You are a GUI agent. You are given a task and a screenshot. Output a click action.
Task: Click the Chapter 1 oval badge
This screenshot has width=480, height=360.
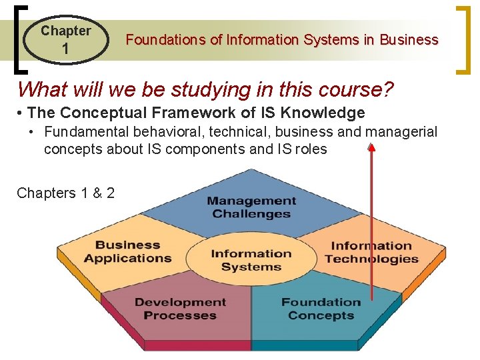(x=65, y=39)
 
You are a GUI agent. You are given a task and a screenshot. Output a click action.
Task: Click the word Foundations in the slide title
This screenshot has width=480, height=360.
(x=166, y=40)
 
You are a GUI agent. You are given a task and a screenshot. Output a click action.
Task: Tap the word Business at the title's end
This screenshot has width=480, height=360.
(x=409, y=40)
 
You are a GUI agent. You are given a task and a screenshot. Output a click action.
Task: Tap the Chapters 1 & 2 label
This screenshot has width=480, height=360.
(x=65, y=193)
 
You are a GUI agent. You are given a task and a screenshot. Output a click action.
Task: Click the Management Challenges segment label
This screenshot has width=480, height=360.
(x=251, y=207)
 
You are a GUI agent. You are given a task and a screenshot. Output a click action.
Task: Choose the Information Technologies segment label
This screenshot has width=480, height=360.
(x=371, y=253)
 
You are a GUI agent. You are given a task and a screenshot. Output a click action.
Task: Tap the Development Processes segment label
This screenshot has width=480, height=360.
(x=180, y=309)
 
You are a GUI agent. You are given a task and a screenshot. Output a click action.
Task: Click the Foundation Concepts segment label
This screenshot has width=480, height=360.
(x=321, y=309)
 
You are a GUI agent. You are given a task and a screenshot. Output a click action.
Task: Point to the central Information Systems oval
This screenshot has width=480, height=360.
(x=251, y=259)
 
